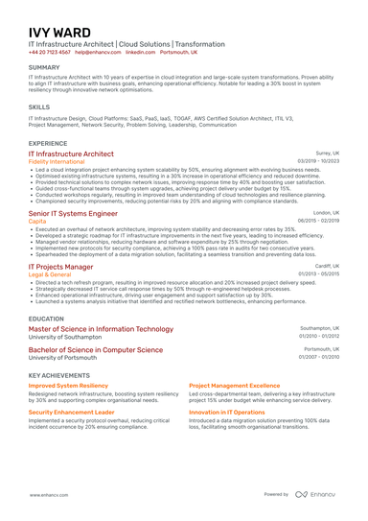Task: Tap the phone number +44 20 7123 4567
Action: [x=50, y=53]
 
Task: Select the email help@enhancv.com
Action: [x=98, y=53]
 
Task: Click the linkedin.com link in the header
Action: [x=141, y=53]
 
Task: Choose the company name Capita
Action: [x=37, y=222]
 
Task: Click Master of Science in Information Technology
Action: [x=102, y=328]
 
